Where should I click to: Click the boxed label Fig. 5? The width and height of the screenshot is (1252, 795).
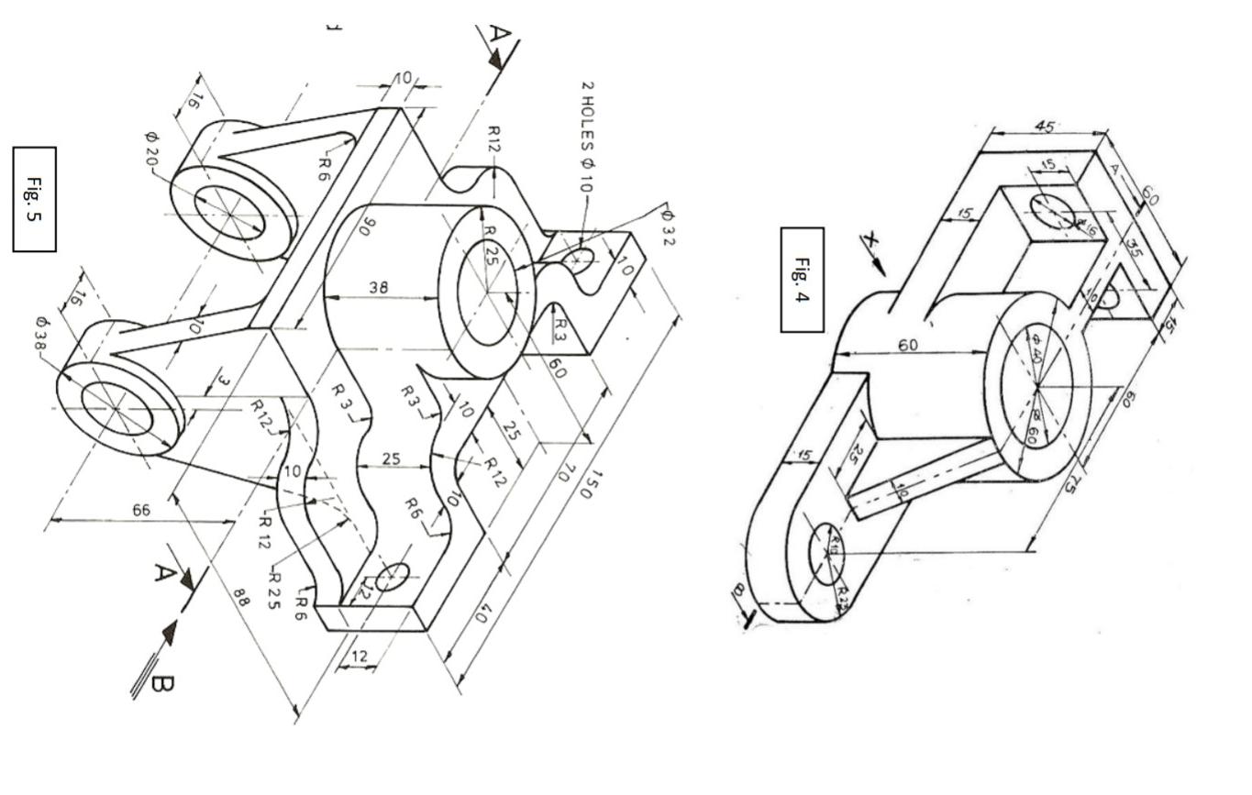point(34,199)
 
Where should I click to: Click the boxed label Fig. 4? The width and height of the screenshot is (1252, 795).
point(802,280)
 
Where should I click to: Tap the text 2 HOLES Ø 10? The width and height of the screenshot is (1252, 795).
point(587,137)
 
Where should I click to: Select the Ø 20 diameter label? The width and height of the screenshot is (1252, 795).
point(150,149)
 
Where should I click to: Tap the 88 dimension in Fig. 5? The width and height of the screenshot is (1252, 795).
point(240,598)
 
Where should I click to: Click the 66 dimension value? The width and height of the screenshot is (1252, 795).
point(140,510)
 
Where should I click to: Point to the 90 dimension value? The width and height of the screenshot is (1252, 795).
point(368,225)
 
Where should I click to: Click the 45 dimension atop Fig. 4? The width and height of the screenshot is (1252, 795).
point(1045,127)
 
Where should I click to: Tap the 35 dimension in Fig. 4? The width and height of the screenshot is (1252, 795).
point(1135,248)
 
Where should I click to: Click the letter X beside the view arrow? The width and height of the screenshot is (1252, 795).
point(870,243)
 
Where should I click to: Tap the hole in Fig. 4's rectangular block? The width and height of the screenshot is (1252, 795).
point(1052,212)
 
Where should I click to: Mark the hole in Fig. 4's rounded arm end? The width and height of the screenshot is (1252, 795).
point(826,553)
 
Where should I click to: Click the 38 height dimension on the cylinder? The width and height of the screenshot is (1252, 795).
point(378,287)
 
